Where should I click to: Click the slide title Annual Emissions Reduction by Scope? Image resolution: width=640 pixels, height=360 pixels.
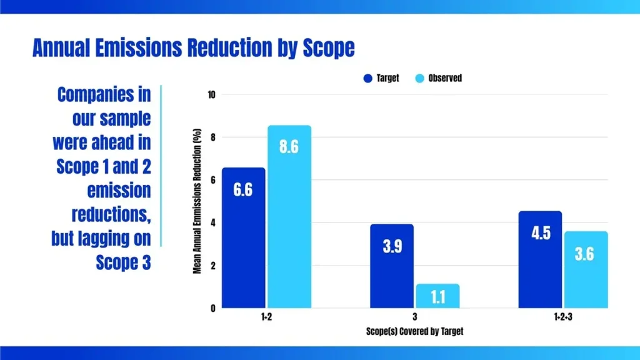click(x=193, y=48)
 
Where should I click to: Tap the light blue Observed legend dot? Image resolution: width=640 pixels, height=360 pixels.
click(x=420, y=79)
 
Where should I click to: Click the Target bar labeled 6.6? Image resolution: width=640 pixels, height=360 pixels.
click(x=243, y=237)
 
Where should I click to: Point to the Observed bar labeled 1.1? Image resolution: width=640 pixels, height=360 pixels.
click(x=437, y=296)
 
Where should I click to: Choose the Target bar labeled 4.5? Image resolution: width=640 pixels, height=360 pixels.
click(x=540, y=259)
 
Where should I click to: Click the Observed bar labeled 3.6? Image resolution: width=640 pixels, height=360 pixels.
click(x=585, y=269)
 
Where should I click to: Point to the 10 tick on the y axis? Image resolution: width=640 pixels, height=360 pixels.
click(x=211, y=95)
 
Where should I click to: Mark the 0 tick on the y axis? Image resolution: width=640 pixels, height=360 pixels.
click(x=212, y=308)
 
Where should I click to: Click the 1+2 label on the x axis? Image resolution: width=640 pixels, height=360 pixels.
click(x=266, y=317)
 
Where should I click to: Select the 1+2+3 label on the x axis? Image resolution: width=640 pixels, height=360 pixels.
click(x=562, y=317)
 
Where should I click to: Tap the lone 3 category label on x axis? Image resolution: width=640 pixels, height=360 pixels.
click(x=414, y=317)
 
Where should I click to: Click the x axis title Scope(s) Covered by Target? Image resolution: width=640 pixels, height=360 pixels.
click(x=414, y=331)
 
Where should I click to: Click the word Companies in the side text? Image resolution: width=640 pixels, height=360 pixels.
click(x=104, y=95)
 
